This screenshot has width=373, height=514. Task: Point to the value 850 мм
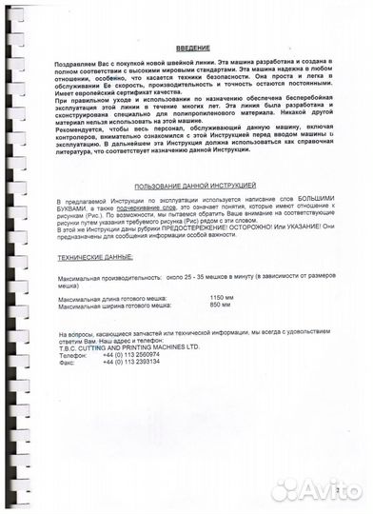click(x=220, y=305)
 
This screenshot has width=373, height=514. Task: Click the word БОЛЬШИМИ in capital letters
click(x=324, y=203)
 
